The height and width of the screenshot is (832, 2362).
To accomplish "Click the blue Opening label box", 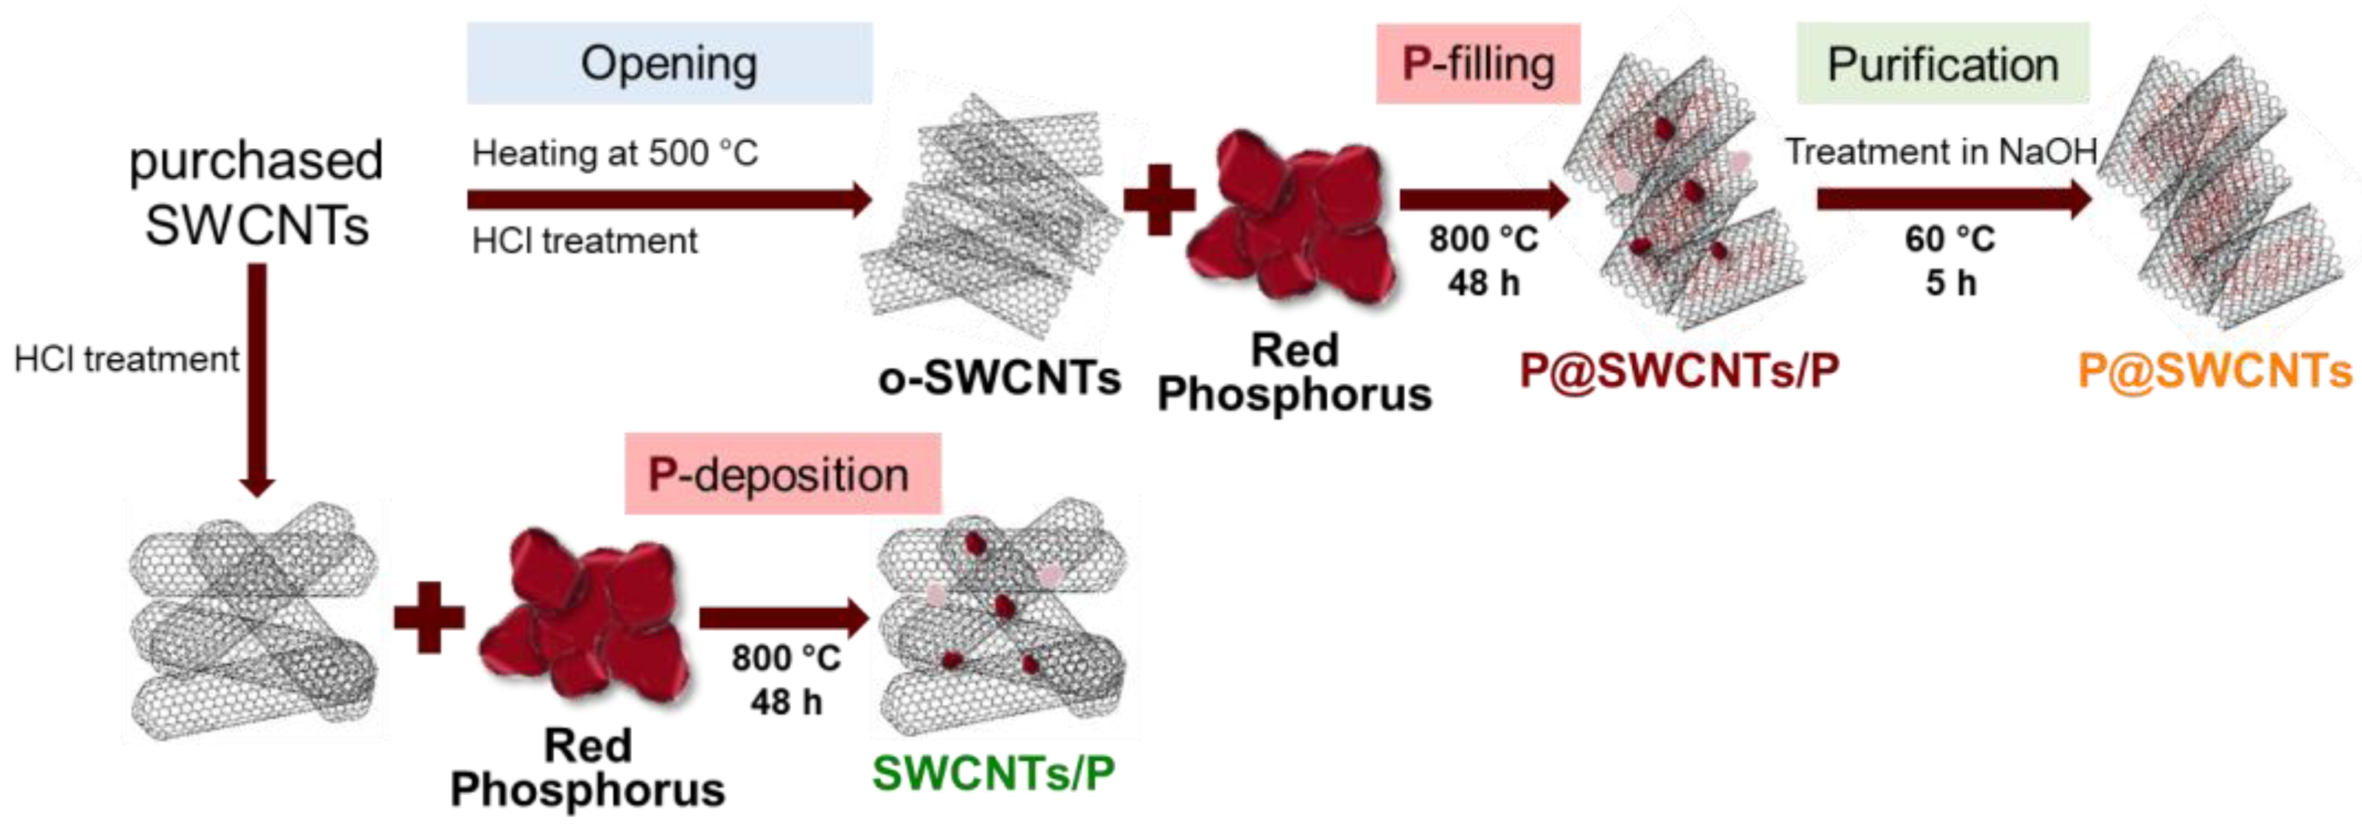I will point(669,63).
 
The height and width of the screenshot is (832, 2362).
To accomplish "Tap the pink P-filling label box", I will point(1478,63).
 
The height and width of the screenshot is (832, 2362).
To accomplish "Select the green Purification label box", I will point(1942,63).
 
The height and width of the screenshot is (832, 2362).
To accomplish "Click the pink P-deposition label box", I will point(782,473).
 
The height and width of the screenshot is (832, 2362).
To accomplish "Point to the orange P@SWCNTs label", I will point(2213,371).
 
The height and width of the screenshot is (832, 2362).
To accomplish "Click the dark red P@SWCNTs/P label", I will point(1679,371).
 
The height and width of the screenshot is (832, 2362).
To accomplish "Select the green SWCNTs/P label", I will point(993,772).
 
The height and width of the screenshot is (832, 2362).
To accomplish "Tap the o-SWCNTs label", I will point(999,378).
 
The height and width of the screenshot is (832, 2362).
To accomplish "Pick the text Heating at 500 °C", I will point(614,153).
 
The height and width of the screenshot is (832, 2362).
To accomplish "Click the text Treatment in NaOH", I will point(1940,151).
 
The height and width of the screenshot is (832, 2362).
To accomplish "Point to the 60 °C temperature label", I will point(1950,240).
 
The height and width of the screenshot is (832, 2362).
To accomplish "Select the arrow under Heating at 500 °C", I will point(669,199).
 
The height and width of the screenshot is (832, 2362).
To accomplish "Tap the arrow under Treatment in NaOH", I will point(1953,199).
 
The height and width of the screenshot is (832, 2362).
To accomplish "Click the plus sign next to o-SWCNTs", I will point(1159,199).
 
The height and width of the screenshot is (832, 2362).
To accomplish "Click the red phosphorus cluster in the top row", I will point(1293,220).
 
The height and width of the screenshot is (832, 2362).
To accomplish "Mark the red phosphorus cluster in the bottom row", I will point(585,615).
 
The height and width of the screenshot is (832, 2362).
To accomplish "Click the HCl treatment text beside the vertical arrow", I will point(127,359).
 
